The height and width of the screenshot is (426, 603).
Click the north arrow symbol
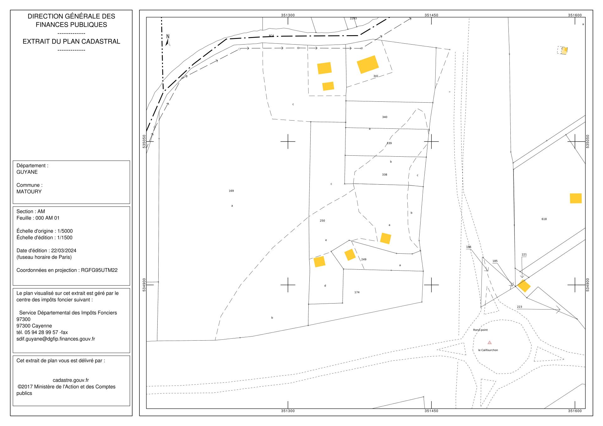click(x=168, y=40)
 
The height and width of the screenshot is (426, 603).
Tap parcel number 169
click(x=231, y=191)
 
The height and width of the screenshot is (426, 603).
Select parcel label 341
click(x=376, y=76)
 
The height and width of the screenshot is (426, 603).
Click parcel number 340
click(x=385, y=117)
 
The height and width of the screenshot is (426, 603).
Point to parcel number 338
click(x=385, y=175)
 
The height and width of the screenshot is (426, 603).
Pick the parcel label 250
click(x=322, y=221)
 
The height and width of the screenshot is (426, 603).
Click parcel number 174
click(x=357, y=292)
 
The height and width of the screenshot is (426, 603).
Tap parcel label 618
click(x=544, y=219)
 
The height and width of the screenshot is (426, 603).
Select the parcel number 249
click(x=364, y=259)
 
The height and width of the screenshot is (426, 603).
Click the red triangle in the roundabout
click(x=490, y=342)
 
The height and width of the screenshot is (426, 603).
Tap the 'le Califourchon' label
click(x=488, y=350)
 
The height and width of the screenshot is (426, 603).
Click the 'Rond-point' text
click(x=481, y=330)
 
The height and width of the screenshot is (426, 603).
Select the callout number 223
click(x=519, y=307)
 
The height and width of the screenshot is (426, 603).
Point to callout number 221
click(x=524, y=255)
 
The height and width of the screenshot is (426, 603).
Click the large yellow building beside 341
click(x=368, y=64)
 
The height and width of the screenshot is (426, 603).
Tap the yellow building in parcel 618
click(x=576, y=198)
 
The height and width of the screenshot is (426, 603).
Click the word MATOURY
click(x=29, y=191)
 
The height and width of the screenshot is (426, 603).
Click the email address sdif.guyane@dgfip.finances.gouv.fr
click(x=56, y=339)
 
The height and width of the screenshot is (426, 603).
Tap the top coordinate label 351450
click(x=431, y=15)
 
